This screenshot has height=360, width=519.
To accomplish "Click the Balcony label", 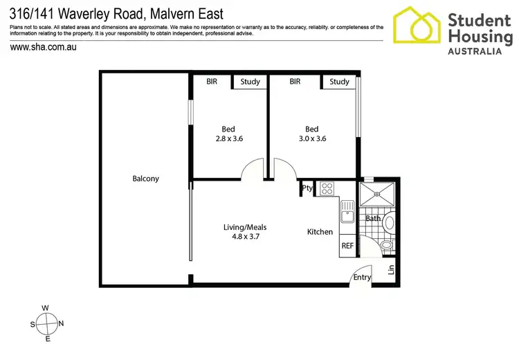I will click(x=146, y=179).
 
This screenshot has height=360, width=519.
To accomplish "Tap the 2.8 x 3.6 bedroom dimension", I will click(x=228, y=138).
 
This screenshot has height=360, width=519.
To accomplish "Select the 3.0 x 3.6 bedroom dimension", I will click(x=311, y=138).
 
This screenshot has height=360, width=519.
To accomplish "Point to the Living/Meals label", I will click(x=245, y=227).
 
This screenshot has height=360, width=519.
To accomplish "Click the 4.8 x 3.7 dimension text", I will click(x=245, y=237).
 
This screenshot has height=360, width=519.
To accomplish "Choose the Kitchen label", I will click(x=320, y=232).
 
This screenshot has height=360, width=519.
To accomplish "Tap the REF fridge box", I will click(x=347, y=246).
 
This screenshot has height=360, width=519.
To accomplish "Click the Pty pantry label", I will click(x=307, y=188).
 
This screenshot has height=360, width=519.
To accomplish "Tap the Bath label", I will click(x=373, y=219).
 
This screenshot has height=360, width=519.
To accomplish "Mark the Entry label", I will click(x=362, y=277).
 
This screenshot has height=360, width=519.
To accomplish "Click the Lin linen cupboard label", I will click(x=391, y=269).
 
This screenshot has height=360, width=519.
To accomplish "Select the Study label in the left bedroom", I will click(x=250, y=82).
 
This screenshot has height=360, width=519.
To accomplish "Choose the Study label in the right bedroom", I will click(x=339, y=82).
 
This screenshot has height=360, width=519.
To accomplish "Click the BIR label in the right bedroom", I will click(x=295, y=82).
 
